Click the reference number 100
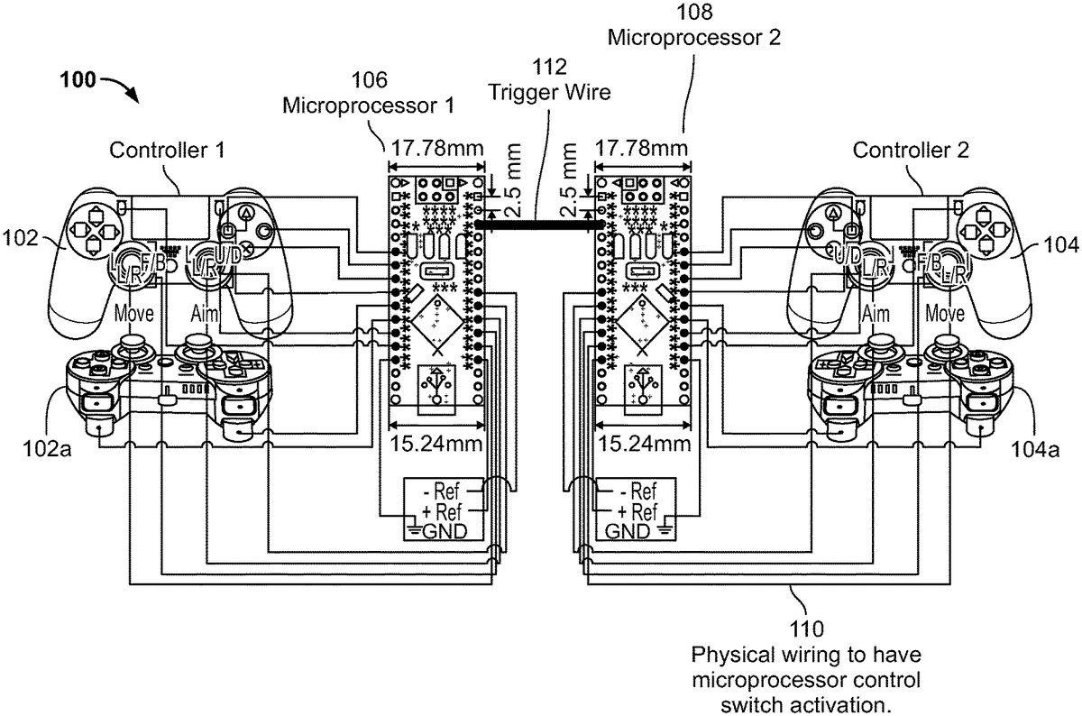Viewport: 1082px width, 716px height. tap(78, 78)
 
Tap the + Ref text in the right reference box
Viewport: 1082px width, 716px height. tap(631, 511)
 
